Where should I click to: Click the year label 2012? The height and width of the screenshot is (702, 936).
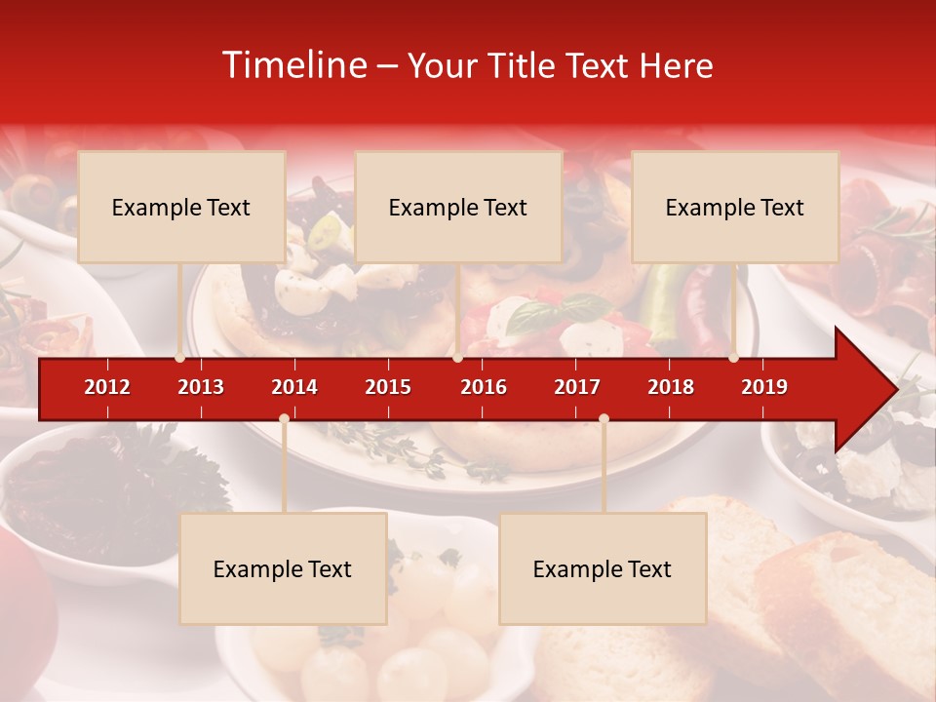coord(107,387)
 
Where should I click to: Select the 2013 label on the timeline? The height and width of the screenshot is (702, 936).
coord(201,387)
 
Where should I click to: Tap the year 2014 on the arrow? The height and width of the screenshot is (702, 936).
coord(294,387)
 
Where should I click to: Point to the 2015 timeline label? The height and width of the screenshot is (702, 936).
coord(388,387)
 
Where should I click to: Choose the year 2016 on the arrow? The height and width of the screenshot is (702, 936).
coord(484,387)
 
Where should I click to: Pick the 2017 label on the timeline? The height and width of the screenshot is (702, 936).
coord(577,387)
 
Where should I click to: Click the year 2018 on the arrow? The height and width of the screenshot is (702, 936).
coord(671,387)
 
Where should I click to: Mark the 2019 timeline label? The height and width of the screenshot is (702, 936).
coord(764,387)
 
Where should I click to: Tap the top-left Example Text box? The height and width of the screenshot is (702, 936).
coord(181,207)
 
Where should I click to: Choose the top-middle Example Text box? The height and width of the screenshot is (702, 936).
coord(458,207)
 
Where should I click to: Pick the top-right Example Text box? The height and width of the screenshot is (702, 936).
coord(735,207)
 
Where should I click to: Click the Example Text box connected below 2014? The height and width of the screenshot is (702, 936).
coord(283,568)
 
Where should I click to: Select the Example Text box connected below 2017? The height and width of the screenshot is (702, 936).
coord(603,568)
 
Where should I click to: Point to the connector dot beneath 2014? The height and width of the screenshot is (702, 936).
coord(284,418)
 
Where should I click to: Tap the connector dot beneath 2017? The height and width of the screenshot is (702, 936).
coord(604,418)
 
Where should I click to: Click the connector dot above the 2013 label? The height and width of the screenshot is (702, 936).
coord(180,358)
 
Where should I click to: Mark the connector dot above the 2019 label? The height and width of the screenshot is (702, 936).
coord(734,358)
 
